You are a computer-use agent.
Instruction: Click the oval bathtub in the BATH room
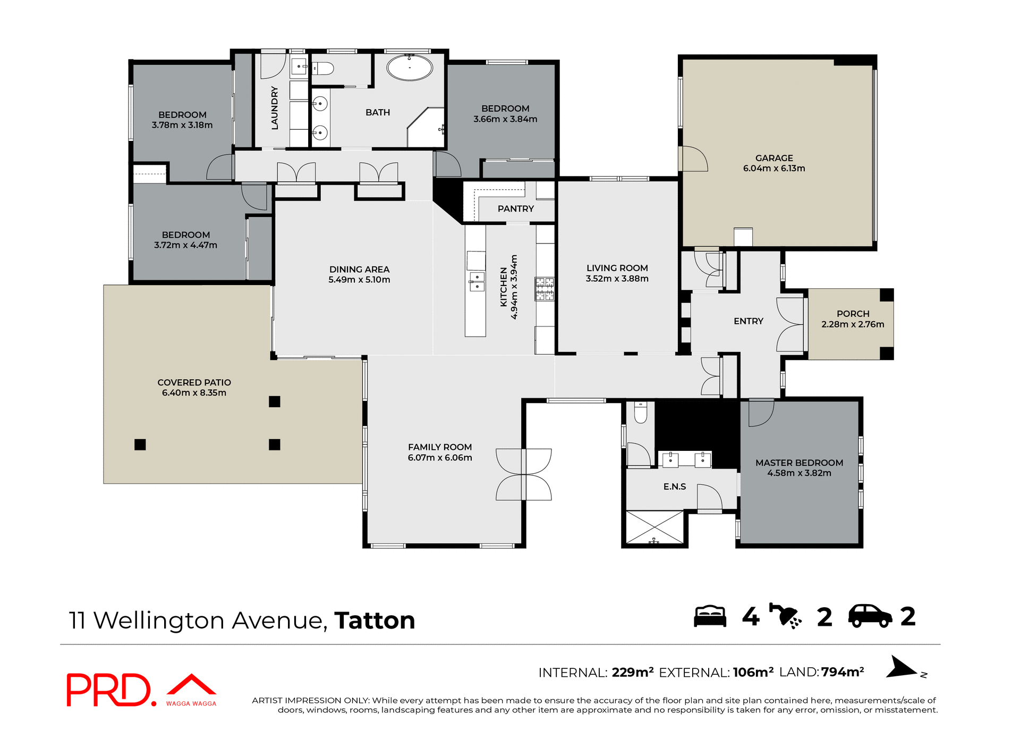click(x=409, y=68)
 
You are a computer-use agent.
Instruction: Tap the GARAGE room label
click(x=774, y=158)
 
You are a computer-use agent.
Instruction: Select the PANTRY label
click(x=515, y=209)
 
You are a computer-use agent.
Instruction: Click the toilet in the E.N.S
click(x=641, y=413)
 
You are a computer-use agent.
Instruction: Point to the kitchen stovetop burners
click(x=545, y=289)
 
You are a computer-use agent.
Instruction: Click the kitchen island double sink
click(x=477, y=282)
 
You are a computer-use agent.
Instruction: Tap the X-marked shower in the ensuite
click(x=654, y=527)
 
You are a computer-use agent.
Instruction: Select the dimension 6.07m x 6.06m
click(x=440, y=458)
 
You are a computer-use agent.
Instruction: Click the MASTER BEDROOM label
click(x=799, y=463)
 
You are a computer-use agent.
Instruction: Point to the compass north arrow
click(x=902, y=668)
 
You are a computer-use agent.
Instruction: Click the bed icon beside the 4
click(x=710, y=617)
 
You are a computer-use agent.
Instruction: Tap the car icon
click(x=870, y=617)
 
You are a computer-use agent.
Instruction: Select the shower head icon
click(x=785, y=617)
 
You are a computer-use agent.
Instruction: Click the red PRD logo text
click(x=109, y=690)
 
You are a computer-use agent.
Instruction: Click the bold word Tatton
click(x=375, y=621)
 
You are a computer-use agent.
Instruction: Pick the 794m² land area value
click(x=843, y=672)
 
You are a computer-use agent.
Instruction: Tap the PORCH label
click(x=853, y=314)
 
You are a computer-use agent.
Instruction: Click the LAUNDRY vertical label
click(x=275, y=107)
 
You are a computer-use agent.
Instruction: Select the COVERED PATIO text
click(x=194, y=382)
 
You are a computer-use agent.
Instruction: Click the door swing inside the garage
click(x=694, y=159)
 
